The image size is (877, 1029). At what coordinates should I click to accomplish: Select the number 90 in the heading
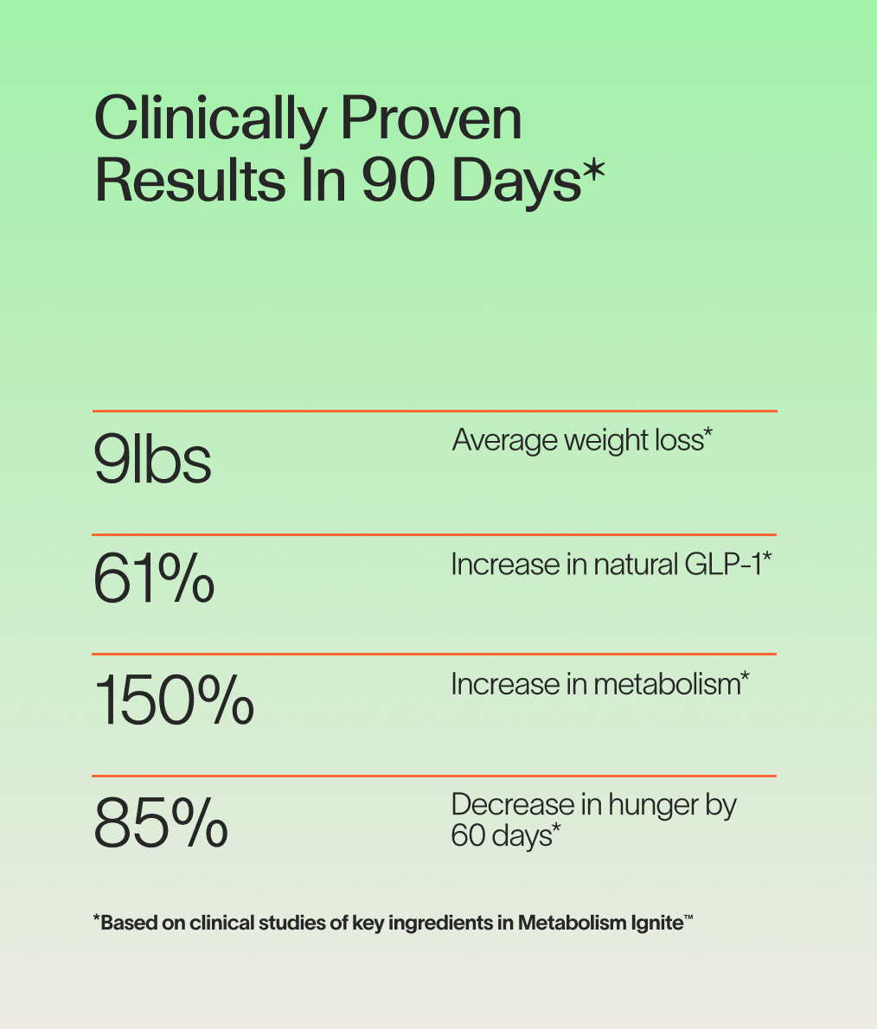click(397, 182)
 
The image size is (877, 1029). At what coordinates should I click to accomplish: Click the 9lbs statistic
click(152, 460)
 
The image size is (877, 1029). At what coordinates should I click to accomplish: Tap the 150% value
click(174, 700)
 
